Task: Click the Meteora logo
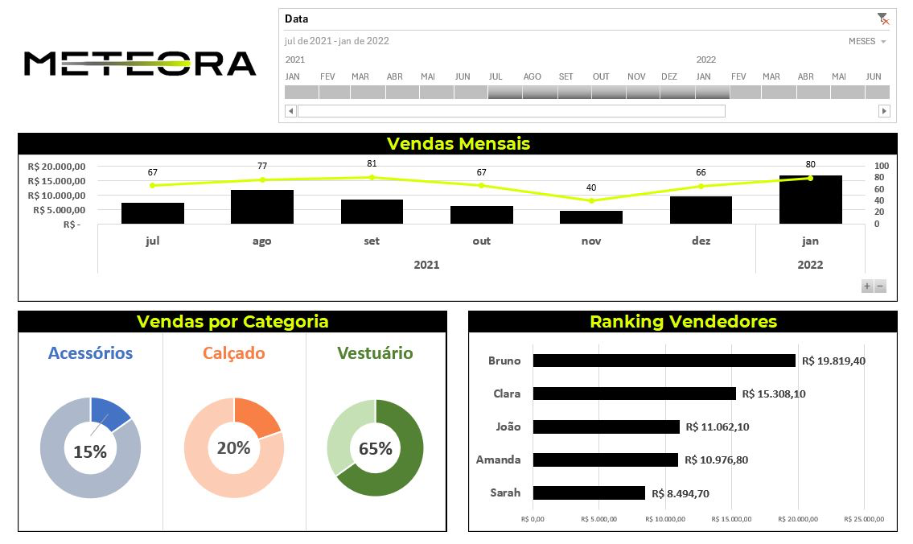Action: pyautogui.click(x=140, y=64)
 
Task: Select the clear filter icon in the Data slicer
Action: pyautogui.click(x=883, y=19)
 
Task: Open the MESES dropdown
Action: pyautogui.click(x=868, y=41)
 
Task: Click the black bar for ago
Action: pyautogui.click(x=262, y=207)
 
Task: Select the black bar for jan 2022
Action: pyautogui.click(x=810, y=200)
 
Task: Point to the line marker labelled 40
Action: pyautogui.click(x=591, y=200)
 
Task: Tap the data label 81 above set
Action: pyautogui.click(x=372, y=163)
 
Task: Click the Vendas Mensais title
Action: pyautogui.click(x=458, y=144)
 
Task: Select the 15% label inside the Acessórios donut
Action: pyautogui.click(x=89, y=452)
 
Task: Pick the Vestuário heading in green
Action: pyautogui.click(x=375, y=353)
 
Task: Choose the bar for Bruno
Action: pyautogui.click(x=664, y=361)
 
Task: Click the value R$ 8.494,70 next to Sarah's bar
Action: pyautogui.click(x=681, y=493)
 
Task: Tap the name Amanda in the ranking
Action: pyautogui.click(x=498, y=460)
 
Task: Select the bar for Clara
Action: pyautogui.click(x=634, y=394)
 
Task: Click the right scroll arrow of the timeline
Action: pyautogui.click(x=884, y=111)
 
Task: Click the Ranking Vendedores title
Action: pyautogui.click(x=683, y=322)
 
